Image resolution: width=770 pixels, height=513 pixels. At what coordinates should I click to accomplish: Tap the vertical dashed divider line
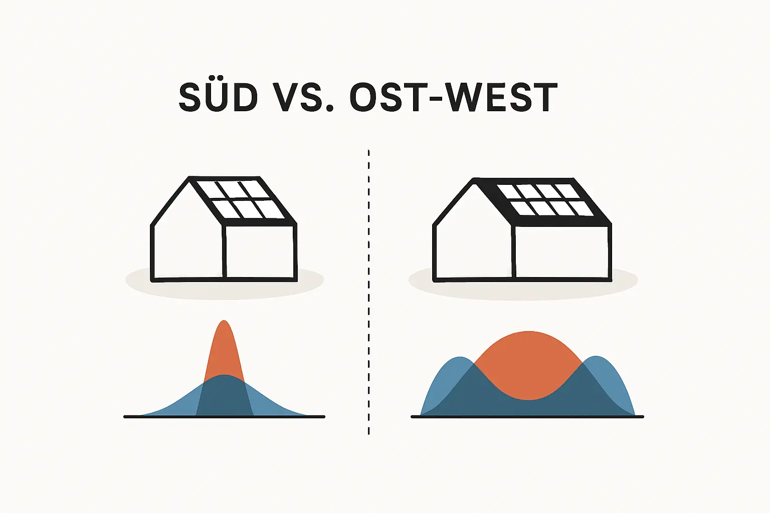368,292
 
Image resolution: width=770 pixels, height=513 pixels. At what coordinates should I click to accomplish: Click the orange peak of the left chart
224,347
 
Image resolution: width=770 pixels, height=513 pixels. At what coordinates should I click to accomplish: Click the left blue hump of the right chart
447,385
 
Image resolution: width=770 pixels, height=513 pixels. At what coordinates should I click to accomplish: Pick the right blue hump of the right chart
609,385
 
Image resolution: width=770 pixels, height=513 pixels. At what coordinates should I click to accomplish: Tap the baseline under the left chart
224,417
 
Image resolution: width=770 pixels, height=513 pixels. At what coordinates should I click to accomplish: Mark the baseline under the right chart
527,417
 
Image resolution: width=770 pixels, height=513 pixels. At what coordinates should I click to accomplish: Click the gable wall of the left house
187,240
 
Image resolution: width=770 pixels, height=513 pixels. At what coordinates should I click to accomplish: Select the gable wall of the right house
473,240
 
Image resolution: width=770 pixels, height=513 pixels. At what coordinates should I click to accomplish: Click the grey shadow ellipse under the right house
523,289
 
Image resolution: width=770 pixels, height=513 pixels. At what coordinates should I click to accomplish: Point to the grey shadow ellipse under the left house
225,289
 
